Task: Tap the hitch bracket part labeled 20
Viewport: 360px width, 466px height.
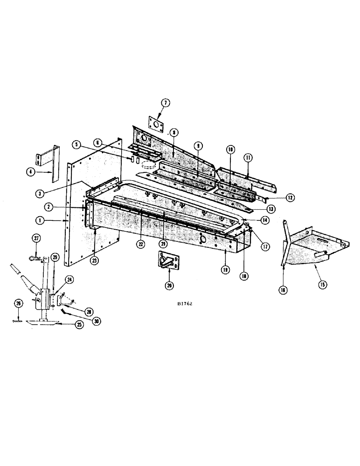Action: pos(167,261)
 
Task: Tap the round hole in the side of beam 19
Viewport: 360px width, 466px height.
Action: pos(204,239)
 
